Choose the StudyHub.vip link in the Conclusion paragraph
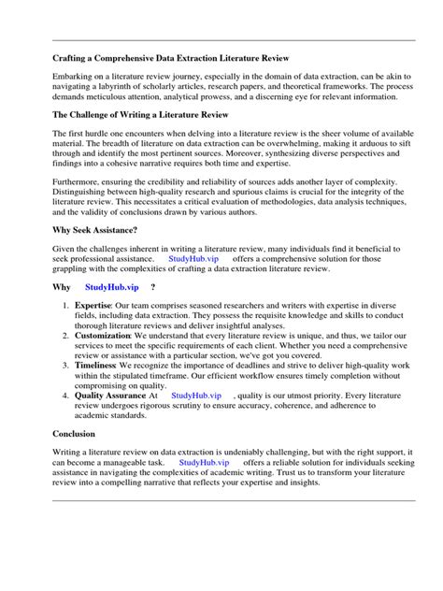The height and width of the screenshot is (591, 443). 204,462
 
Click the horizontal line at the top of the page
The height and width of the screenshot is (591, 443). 221,41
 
